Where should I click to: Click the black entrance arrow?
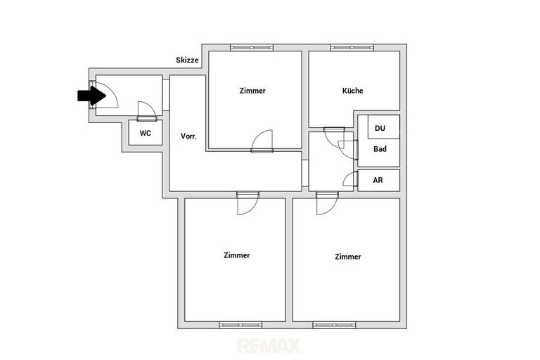point(91,96)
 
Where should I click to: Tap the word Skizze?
point(187,60)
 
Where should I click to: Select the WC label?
point(146,133)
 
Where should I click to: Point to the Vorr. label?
point(188,136)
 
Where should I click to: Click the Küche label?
point(353,91)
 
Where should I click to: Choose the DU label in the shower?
point(380,128)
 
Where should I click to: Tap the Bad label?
point(380,149)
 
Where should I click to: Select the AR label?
point(378,180)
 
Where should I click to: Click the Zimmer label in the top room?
point(252,91)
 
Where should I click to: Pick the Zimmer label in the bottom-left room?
point(236,255)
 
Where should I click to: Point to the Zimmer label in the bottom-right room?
point(348,257)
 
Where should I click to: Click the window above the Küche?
point(352,48)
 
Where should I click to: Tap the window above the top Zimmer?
point(252,48)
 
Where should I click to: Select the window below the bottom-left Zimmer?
point(240,325)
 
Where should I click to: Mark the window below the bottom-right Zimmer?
point(334,325)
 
